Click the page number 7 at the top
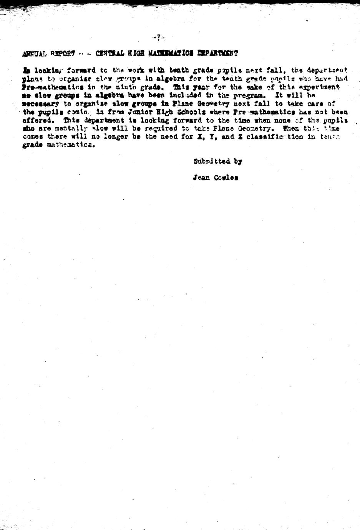pos(158,37)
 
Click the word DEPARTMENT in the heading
pos(218,53)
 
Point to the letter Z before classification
pos(240,137)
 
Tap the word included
pos(187,95)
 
